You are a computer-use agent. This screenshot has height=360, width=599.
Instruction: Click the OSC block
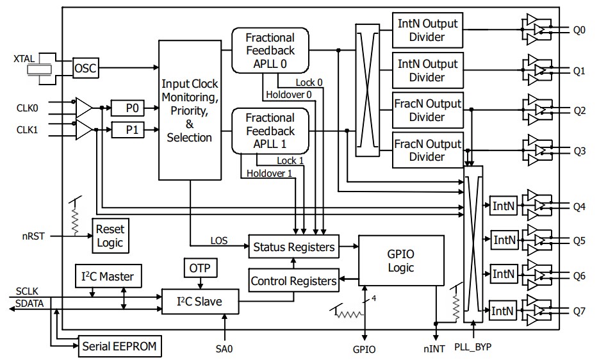click(x=85, y=68)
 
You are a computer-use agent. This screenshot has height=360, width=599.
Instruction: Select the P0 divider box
click(x=131, y=108)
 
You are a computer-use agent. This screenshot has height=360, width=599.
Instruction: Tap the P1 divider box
click(x=131, y=130)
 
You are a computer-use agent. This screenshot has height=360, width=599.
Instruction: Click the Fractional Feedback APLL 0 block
click(x=270, y=51)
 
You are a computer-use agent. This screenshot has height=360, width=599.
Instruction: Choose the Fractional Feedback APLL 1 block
click(x=270, y=131)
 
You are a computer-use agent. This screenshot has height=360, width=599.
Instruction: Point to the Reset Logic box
click(x=110, y=236)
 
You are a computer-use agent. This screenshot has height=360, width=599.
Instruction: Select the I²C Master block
click(x=108, y=277)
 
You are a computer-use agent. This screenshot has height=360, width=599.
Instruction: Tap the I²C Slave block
click(x=199, y=300)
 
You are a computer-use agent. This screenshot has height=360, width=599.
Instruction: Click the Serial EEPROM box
click(x=120, y=347)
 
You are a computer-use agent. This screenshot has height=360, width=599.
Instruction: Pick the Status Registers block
click(x=293, y=247)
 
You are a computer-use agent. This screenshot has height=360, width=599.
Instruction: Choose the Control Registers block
click(x=293, y=281)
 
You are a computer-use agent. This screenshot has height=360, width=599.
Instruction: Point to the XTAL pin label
click(x=26, y=58)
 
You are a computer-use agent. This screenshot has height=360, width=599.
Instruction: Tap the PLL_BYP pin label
click(x=473, y=347)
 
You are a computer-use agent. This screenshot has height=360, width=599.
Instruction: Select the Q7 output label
click(x=579, y=311)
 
